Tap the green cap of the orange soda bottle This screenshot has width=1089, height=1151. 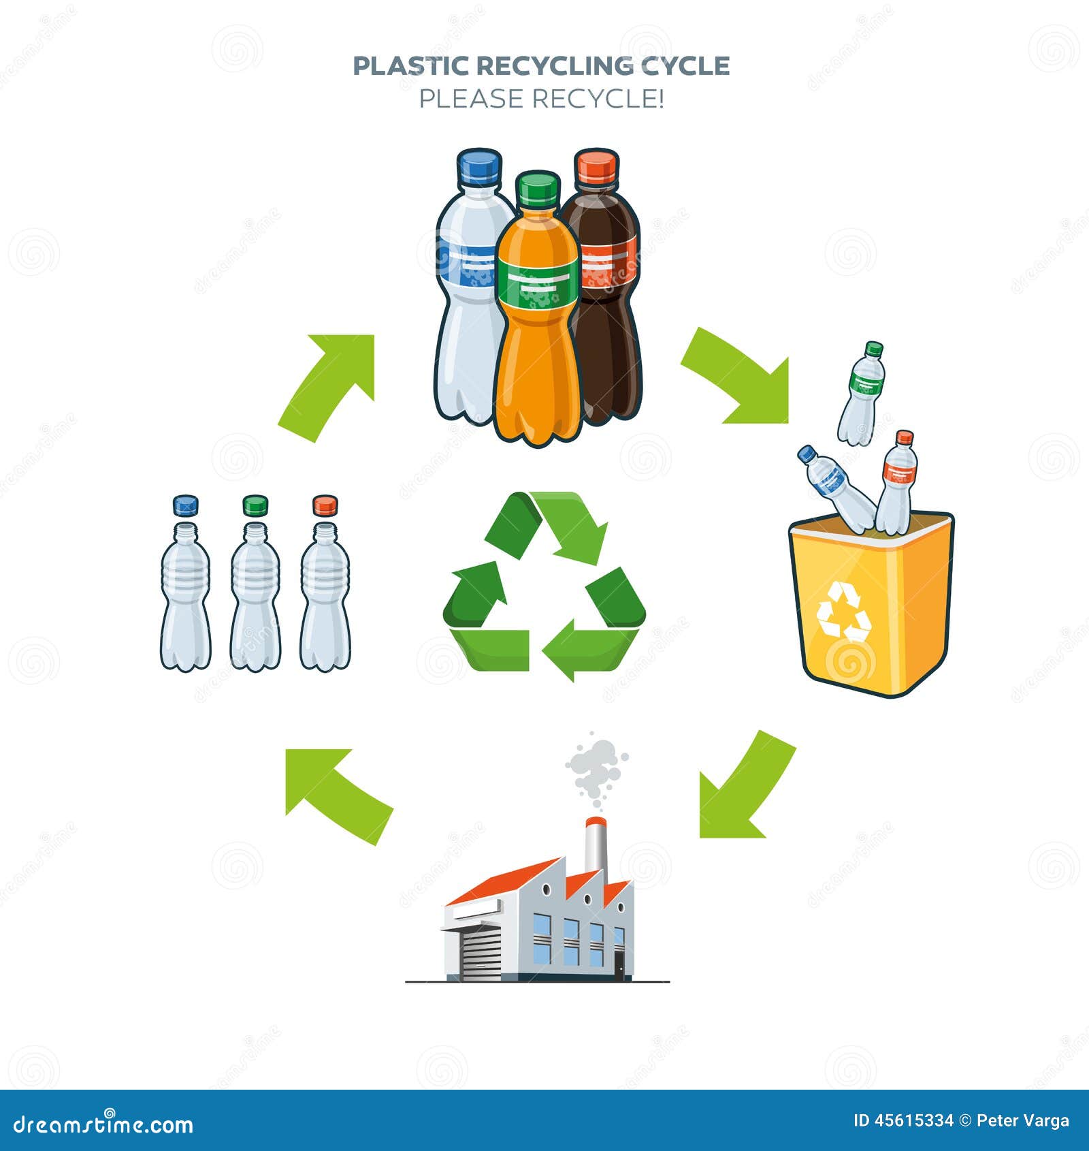pyautogui.click(x=537, y=189)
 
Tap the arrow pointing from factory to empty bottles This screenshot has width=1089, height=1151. pyautogui.click(x=337, y=793)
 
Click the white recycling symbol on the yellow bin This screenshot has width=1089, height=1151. pyautogui.click(x=843, y=612)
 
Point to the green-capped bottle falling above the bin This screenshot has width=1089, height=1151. pyautogui.click(x=861, y=394)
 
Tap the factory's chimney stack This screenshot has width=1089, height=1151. pyautogui.click(x=596, y=845)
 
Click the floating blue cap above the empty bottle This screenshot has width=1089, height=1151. pyautogui.click(x=185, y=505)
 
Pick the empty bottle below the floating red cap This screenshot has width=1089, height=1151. pyautogui.click(x=325, y=596)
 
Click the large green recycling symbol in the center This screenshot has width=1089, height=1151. pyautogui.click(x=544, y=586)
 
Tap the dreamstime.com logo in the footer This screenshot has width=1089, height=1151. pyautogui.click(x=103, y=1124)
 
